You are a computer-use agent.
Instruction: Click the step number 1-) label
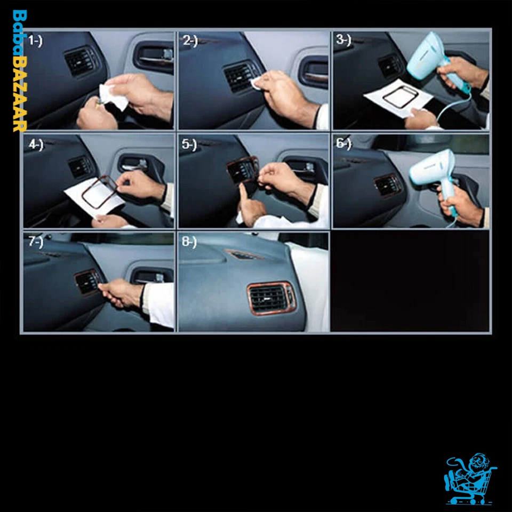[x=35, y=41]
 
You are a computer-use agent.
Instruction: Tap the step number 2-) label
[x=190, y=41]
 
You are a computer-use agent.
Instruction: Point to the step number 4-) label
[x=35, y=145]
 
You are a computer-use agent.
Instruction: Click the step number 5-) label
[x=189, y=145]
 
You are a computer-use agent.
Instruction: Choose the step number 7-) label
[x=35, y=242]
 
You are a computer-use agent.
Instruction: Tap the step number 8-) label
[x=189, y=242]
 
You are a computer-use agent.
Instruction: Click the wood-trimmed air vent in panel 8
[x=271, y=298]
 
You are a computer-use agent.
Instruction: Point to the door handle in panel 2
[x=314, y=72]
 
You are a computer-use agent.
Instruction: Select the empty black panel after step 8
[x=410, y=281]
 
